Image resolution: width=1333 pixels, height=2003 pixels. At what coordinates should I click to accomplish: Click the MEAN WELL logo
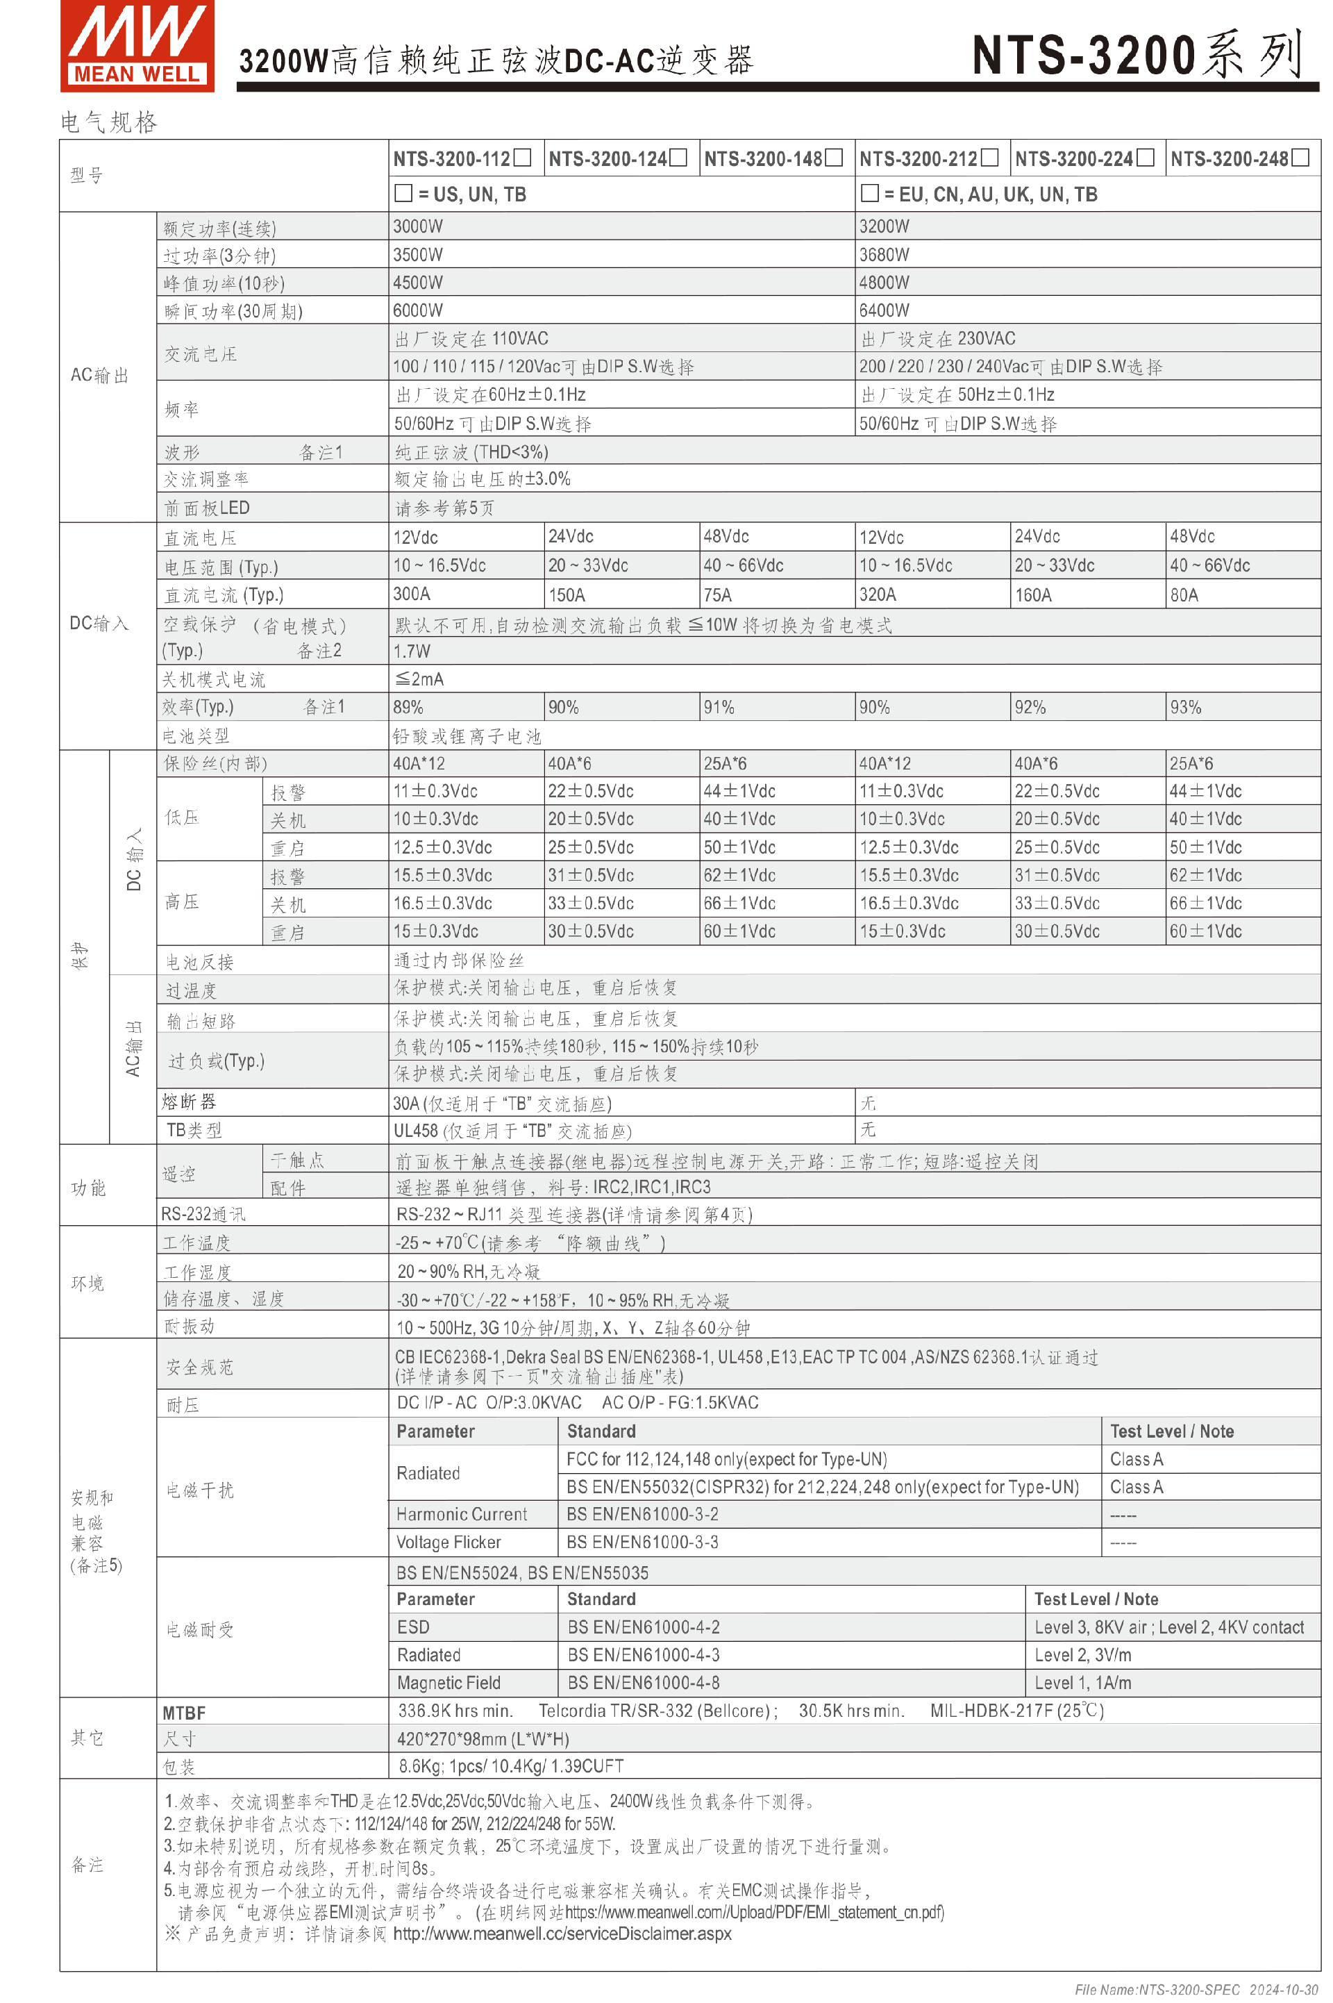pos(137,46)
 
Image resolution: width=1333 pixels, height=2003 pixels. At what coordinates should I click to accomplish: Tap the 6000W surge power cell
pos(418,310)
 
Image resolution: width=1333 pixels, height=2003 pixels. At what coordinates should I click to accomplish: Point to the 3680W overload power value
pos(884,254)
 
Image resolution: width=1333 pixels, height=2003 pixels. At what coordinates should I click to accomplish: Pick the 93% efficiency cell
pos(1185,707)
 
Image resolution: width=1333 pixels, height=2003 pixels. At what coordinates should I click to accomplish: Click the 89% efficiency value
pos(408,707)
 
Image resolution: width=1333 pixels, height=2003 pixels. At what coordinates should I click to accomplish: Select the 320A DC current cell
pos(878,595)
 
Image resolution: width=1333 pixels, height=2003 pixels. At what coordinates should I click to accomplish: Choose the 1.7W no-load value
pos(412,651)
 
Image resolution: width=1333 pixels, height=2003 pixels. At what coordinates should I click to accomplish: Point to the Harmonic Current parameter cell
pos(462,1514)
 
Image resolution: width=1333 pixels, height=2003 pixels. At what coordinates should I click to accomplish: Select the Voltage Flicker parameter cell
pos(449,1543)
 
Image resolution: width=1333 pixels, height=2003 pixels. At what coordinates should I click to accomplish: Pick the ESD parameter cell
pos(413,1627)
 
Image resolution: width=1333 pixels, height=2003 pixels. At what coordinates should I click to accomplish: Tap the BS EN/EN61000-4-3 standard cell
pos(644,1654)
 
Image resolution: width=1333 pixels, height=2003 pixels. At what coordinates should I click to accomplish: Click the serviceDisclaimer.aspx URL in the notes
pos(562,1934)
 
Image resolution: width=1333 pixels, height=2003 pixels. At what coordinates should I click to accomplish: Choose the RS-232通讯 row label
pos(203,1214)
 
